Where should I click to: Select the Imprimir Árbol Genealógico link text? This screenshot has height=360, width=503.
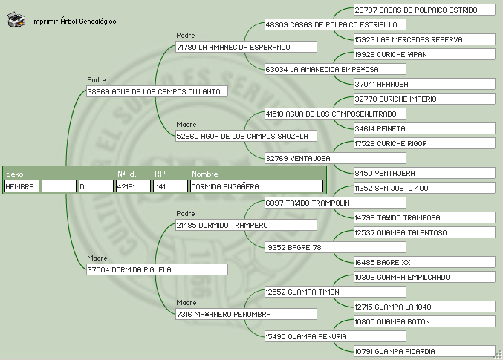point(74,22)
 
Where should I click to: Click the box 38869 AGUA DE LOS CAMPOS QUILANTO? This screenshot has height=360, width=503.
point(157,91)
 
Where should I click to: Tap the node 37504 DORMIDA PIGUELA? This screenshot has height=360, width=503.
point(157,269)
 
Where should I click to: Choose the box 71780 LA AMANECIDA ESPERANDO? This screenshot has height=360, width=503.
point(246,47)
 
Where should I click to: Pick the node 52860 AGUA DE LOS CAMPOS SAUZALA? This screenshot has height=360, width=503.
point(246,136)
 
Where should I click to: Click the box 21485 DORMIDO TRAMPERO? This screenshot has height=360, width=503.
point(246,225)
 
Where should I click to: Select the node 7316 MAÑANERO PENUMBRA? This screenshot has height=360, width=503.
point(246,314)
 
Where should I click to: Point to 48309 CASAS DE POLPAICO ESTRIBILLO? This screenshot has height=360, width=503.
point(335,24)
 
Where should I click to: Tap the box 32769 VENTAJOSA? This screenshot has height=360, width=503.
point(335,158)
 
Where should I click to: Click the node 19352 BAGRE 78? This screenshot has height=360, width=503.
point(335,247)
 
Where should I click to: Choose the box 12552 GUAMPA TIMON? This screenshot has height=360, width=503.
point(335,292)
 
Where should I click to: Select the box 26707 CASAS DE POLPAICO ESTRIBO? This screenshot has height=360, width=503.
point(424,10)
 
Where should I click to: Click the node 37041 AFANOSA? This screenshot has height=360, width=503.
point(424,84)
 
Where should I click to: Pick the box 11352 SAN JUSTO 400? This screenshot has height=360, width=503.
point(424,188)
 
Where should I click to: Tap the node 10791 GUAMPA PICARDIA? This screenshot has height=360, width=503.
point(424,351)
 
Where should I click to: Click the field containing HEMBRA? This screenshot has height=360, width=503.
point(21,186)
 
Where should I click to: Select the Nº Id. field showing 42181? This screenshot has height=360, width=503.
point(133,186)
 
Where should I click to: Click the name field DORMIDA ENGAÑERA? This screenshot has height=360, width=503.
point(256,186)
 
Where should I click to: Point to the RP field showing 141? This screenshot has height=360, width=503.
point(170,186)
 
